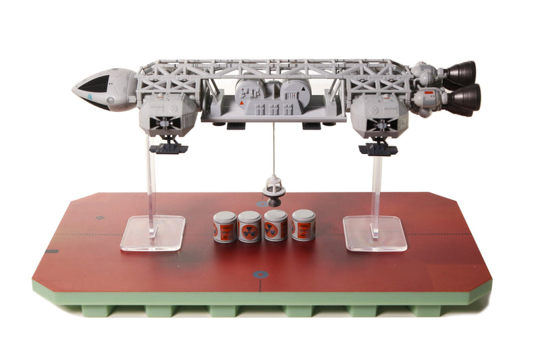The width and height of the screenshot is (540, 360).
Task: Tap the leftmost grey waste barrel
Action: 225,227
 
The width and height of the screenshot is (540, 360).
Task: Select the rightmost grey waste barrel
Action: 304,225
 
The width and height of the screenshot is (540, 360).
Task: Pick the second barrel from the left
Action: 250,227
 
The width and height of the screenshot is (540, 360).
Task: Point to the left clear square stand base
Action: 153,232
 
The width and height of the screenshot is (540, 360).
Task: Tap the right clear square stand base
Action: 375,233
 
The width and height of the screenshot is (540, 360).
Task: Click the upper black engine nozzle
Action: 461,73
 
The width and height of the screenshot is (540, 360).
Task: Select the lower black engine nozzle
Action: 466,97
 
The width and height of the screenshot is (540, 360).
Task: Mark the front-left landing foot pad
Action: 169,147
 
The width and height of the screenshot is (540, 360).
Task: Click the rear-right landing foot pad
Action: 377,147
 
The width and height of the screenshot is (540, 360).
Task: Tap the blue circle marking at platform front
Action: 260,274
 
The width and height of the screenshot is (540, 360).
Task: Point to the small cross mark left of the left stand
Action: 101,217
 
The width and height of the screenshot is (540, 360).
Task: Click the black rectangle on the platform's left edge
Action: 51,251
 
